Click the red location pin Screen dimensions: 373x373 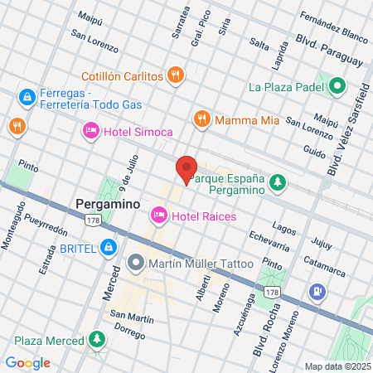(186, 169)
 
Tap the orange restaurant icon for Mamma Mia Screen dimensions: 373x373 (201, 119)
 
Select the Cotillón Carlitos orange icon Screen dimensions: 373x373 (175, 75)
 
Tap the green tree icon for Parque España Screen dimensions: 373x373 (279, 182)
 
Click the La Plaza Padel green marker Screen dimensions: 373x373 (337, 85)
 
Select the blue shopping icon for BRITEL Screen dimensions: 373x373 (108, 246)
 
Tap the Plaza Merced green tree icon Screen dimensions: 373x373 (98, 341)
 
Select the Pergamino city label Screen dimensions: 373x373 (106, 203)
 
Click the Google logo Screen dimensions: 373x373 (27, 362)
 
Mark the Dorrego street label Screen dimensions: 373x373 (128, 327)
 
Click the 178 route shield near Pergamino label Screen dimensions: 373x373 (94, 220)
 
